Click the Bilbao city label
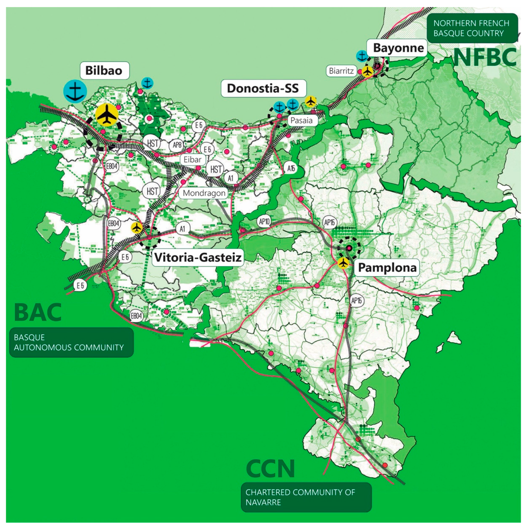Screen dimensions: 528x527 point(104,70)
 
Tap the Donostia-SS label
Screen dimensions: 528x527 point(263,89)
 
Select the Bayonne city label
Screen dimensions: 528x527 point(398,48)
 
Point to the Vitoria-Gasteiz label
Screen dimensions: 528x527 point(198,258)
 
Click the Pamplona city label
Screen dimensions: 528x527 point(387,268)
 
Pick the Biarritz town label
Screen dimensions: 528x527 point(341,71)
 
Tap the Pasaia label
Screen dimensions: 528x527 point(301,121)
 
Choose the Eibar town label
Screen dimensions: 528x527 point(192,159)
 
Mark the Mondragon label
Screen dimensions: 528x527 point(204,193)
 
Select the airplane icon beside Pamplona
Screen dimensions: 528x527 point(343,263)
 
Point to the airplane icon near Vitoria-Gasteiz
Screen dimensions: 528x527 point(137,227)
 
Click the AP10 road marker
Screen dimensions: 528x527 point(264,222)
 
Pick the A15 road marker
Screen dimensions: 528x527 point(291,168)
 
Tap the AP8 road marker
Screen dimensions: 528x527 point(177,145)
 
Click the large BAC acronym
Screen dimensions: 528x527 point(38,313)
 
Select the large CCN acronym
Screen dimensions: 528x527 point(270,469)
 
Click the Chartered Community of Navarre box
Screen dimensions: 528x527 point(306,497)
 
